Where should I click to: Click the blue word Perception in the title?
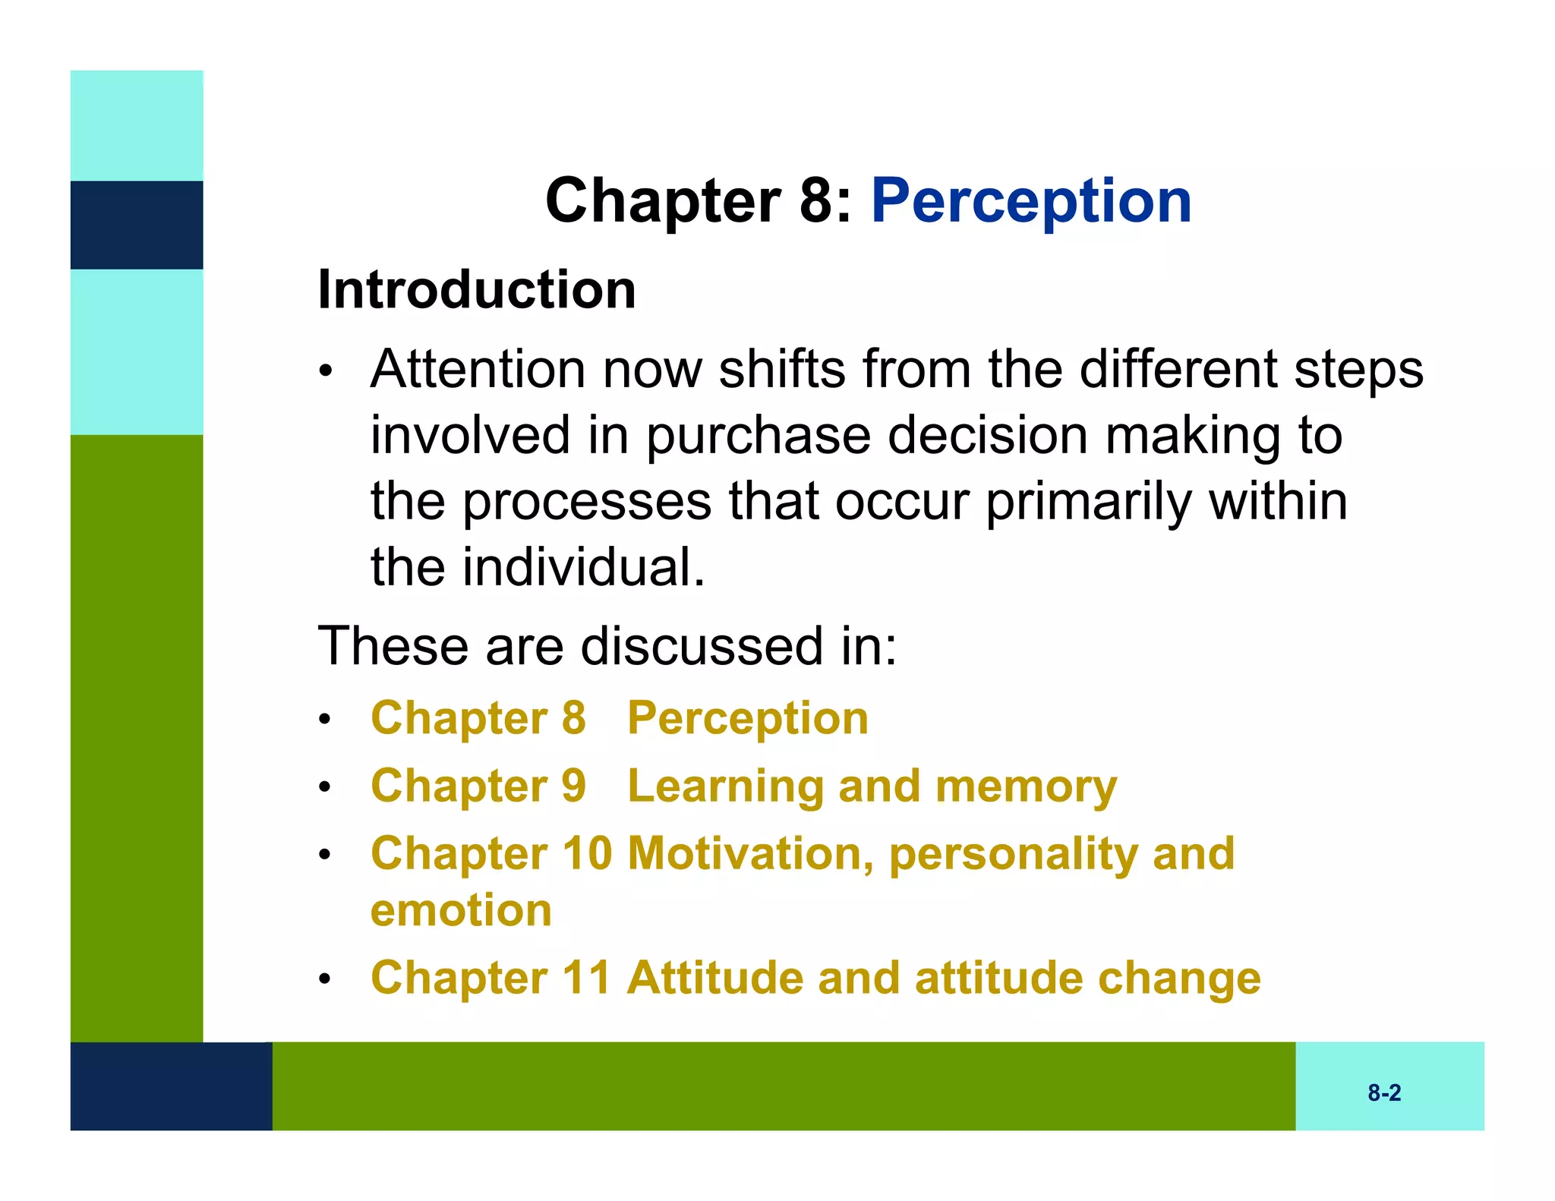[1030, 202]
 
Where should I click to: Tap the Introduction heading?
[476, 290]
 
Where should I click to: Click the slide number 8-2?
[1383, 1092]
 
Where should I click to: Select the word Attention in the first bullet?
[478, 370]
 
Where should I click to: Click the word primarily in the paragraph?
[1088, 503]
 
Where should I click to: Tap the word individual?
[585, 568]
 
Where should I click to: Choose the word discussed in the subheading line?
[702, 646]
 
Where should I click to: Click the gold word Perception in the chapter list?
[747, 718]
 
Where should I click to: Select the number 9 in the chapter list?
[573, 785]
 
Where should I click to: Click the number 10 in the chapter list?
[586, 853]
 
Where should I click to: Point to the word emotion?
[461, 910]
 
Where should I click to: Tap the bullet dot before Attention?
[325, 372]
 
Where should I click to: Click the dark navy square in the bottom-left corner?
[171, 1086]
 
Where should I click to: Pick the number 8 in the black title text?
[817, 200]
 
